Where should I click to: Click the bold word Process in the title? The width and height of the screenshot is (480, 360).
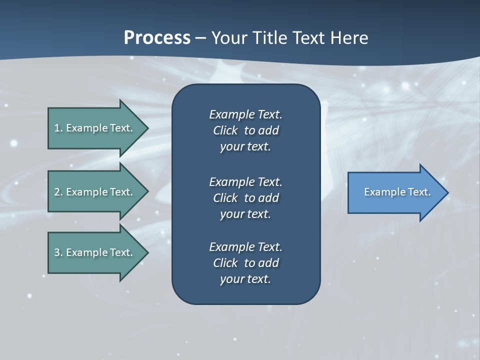(x=157, y=38)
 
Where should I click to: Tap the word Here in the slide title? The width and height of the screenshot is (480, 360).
(x=349, y=38)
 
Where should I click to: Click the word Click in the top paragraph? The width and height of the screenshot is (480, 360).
(x=225, y=130)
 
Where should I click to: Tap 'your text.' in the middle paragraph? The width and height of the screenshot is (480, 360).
(x=245, y=214)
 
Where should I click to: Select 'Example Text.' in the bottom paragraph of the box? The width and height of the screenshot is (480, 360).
(x=245, y=247)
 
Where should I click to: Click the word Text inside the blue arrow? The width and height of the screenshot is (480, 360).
(x=420, y=192)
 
